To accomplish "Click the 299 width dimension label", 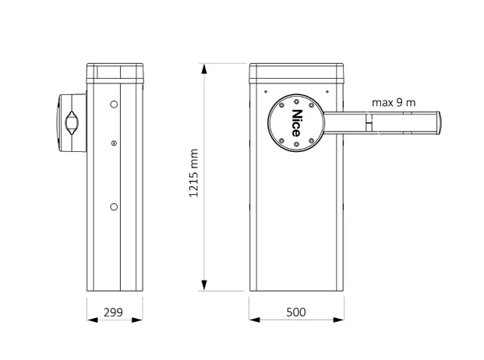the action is point(113,312).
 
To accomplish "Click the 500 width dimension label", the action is point(296,312).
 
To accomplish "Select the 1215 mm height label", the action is point(193,173).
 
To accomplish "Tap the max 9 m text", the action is point(394,102).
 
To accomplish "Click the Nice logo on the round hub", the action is point(296,123).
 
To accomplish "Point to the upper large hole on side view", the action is point(114,104).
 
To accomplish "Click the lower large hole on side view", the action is point(114,206).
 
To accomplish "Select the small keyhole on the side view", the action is point(114,143).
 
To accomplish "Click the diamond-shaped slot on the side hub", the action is point(72,123).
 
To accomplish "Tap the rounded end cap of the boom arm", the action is point(438,123).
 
